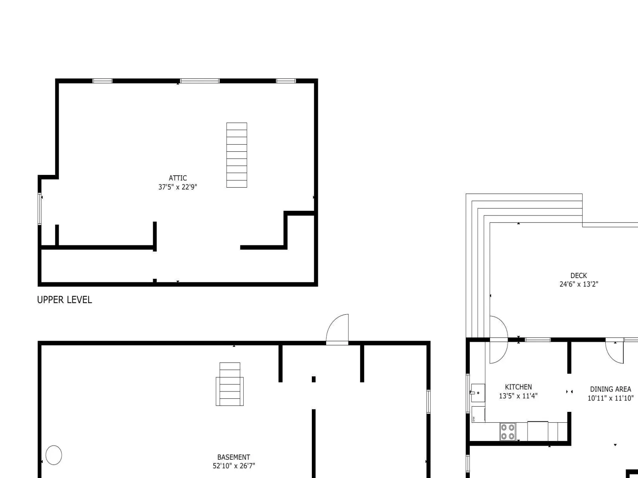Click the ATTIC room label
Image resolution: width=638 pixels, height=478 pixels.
click(177, 178)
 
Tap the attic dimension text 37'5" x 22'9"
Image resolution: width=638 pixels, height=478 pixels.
click(177, 187)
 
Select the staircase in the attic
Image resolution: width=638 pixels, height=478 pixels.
click(236, 155)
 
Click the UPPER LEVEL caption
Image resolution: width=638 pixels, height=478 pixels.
click(65, 300)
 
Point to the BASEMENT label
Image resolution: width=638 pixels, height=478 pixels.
click(234, 457)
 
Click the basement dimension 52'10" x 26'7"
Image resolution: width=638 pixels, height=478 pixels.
click(234, 466)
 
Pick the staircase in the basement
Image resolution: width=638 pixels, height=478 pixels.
click(230, 384)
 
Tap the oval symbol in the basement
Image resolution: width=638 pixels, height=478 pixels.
click(54, 455)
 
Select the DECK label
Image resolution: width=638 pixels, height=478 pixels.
click(579, 275)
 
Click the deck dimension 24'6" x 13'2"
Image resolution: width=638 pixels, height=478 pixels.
click(579, 284)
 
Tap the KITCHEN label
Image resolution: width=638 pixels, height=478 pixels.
click(518, 387)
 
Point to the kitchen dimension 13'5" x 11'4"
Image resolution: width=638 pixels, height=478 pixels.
click(518, 396)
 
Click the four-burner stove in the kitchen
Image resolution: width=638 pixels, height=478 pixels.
click(508, 431)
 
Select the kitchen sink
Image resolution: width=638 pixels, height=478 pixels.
click(478, 393)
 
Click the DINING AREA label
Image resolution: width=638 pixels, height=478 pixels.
click(610, 389)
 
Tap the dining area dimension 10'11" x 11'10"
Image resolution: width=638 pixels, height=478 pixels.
click(610, 398)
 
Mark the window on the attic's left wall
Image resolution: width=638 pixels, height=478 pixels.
click(39, 209)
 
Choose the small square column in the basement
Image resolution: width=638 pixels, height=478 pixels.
click(314, 379)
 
